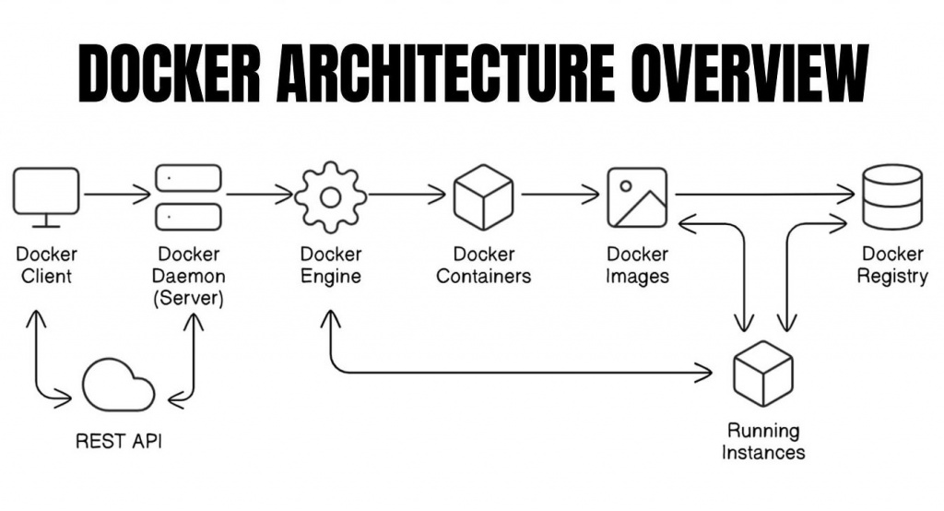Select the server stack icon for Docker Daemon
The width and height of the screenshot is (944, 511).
tap(188, 196)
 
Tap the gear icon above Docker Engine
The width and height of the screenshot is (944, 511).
tap(330, 196)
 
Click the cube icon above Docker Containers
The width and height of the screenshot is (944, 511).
tap(483, 196)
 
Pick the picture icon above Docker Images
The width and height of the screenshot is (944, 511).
tap(637, 196)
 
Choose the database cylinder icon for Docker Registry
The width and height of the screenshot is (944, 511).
tap(891, 196)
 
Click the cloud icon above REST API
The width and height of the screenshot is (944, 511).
tap(118, 386)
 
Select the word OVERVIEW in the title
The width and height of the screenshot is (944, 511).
tap(750, 74)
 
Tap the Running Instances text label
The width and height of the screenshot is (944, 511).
tap(763, 441)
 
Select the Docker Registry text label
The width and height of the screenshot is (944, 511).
tap(891, 265)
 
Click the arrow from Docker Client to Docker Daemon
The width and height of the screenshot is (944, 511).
tap(116, 195)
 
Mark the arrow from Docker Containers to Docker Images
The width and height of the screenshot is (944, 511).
tap(559, 195)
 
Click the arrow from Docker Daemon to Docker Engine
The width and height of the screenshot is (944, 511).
tap(259, 195)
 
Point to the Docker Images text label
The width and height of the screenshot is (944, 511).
tap(637, 265)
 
